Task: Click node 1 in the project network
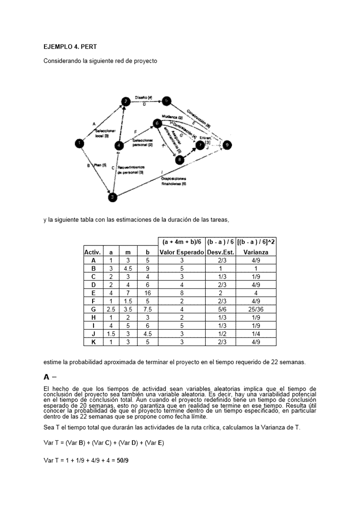click(79, 143)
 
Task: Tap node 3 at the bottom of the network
click(113, 196)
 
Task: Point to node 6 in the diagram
click(157, 123)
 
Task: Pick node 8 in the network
click(180, 159)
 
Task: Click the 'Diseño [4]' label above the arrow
click(143, 98)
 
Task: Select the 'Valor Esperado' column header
click(182, 252)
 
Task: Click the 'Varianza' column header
click(256, 252)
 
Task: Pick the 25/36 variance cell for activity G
click(256, 309)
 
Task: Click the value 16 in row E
click(147, 293)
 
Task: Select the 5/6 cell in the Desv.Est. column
click(220, 309)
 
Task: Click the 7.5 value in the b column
click(147, 309)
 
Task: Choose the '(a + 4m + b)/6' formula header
click(182, 242)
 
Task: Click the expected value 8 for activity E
click(182, 293)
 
